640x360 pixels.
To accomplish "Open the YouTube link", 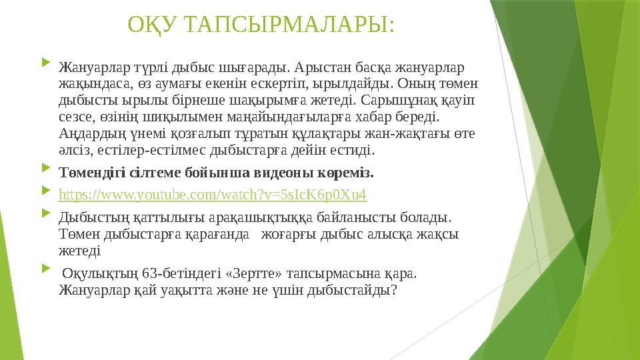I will coord(213,195).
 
